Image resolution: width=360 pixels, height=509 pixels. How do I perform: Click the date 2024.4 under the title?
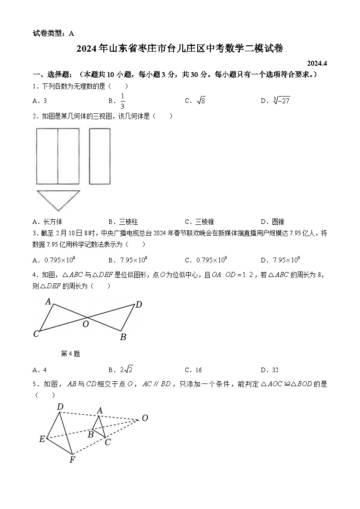(316, 63)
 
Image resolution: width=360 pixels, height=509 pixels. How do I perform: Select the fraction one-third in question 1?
(122, 101)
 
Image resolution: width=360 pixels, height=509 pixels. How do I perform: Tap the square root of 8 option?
(201, 101)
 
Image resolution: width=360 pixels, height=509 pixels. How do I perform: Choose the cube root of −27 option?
(282, 101)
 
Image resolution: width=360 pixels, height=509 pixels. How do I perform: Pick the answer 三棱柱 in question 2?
(128, 222)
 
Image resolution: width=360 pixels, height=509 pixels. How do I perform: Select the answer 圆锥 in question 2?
(278, 222)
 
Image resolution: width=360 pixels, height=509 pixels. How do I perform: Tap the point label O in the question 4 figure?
(85, 324)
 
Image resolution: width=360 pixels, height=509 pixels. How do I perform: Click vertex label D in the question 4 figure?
(139, 305)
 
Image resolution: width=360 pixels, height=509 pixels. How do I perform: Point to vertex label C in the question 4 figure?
(36, 334)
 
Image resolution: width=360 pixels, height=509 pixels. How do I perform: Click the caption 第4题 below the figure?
(70, 354)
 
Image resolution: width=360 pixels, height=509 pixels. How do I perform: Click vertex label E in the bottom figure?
(42, 438)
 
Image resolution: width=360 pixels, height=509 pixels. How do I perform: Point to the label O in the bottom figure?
(145, 418)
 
